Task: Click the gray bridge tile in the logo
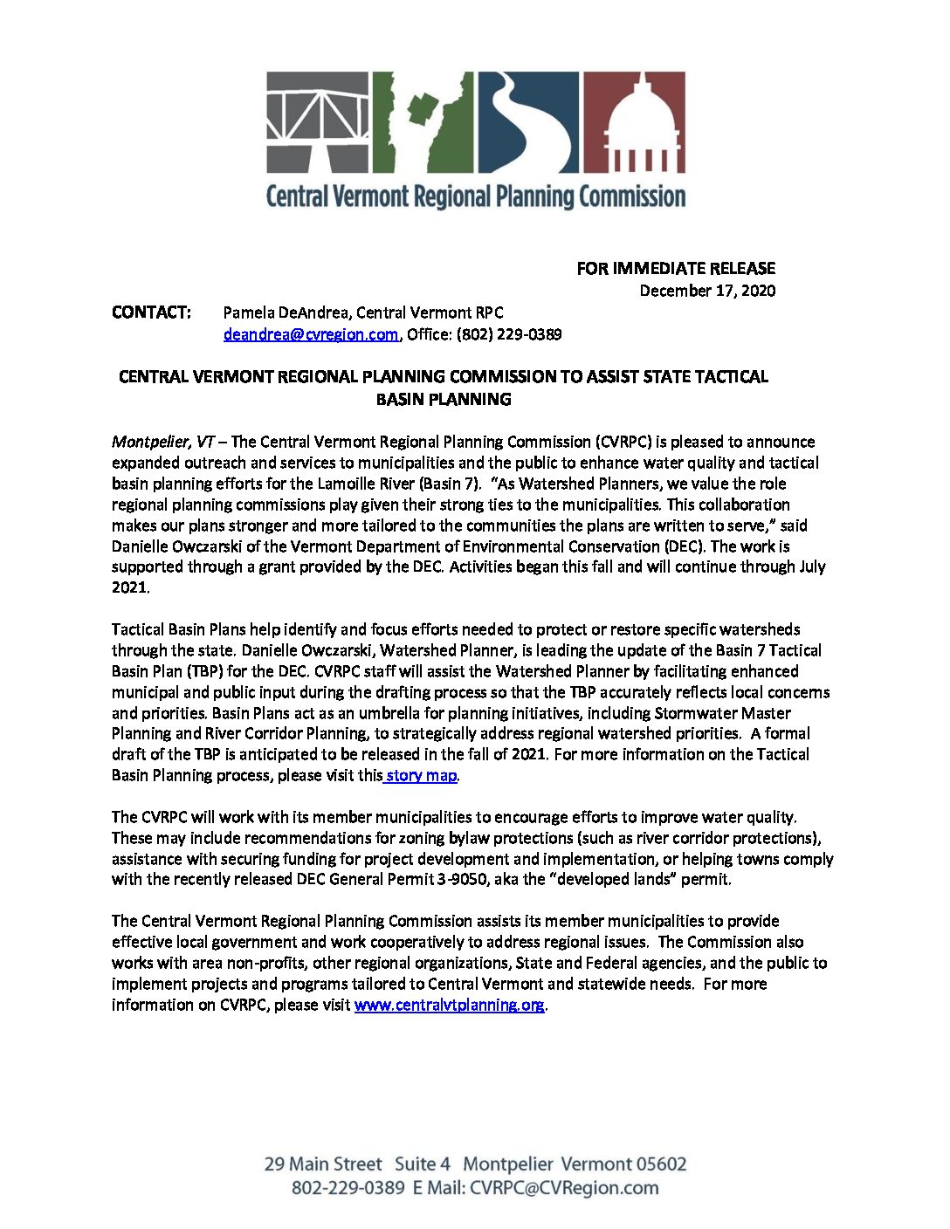(x=317, y=121)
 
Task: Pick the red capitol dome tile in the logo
(x=633, y=121)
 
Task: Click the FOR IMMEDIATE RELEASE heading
(x=675, y=269)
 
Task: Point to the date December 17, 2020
(x=707, y=291)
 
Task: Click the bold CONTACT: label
(x=151, y=312)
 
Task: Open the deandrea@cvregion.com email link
(x=311, y=334)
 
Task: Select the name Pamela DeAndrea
(x=286, y=312)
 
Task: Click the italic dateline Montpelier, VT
(x=163, y=442)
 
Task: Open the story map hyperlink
(x=421, y=775)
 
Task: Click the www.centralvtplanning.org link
(x=449, y=1005)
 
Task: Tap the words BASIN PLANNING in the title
(x=444, y=400)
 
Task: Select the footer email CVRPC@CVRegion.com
(x=564, y=1188)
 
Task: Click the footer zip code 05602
(x=661, y=1164)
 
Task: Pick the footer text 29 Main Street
(x=323, y=1164)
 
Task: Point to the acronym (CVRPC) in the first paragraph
(x=623, y=442)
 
